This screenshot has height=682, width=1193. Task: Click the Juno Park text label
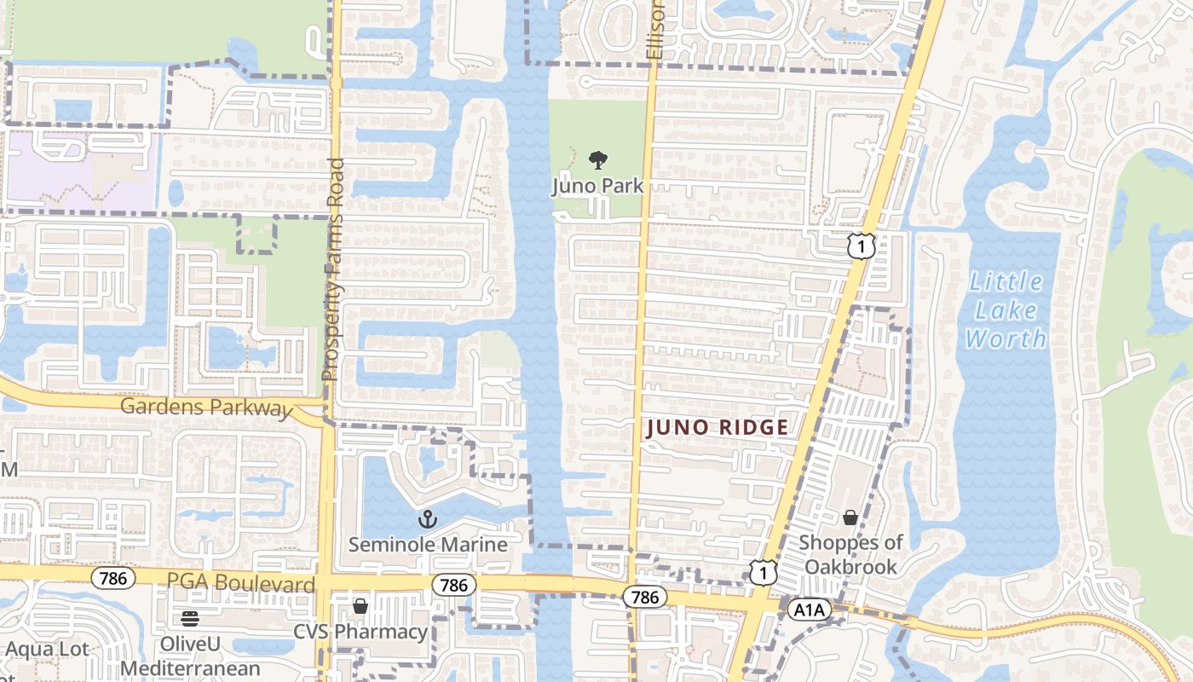597,185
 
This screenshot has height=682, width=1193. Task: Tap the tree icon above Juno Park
598,159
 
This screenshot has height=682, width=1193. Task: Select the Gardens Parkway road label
206,407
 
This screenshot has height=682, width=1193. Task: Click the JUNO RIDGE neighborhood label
717,427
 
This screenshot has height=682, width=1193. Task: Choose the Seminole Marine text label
428,545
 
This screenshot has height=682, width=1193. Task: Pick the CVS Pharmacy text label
360,632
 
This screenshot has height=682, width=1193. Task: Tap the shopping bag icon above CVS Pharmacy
360,606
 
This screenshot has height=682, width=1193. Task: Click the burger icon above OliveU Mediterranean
189,618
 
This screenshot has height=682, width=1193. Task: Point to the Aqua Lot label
47,649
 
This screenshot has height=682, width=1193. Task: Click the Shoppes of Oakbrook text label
850,554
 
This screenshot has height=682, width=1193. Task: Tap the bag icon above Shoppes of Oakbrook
850,517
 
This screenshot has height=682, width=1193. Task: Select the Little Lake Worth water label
1006,309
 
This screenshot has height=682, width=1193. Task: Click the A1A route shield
809,610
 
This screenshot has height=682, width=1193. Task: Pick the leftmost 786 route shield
112,579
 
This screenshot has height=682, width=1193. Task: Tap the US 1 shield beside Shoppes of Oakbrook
764,571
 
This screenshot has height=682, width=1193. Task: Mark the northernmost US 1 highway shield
862,246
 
